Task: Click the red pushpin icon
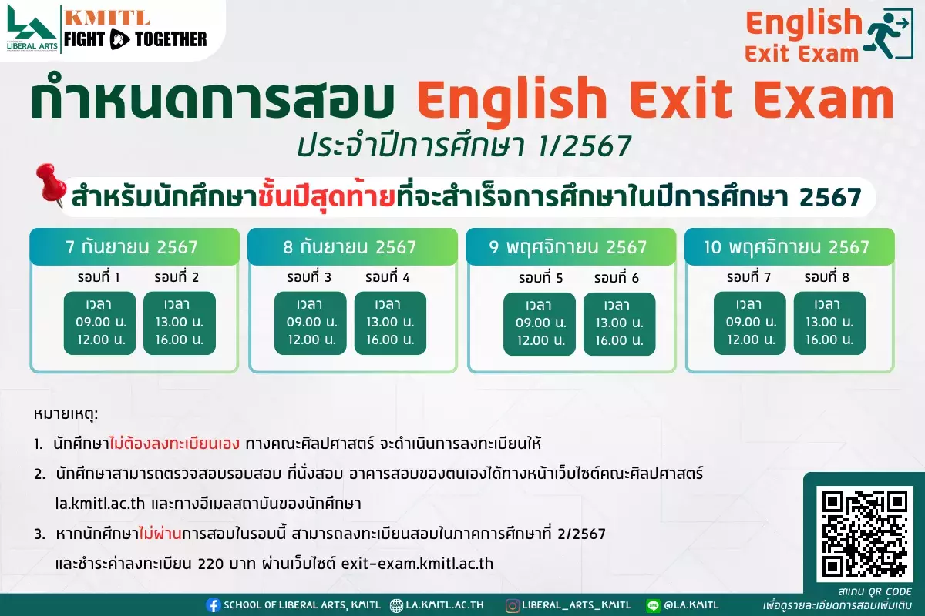(51, 185)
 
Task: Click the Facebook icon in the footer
(213, 605)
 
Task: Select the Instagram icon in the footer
(512, 605)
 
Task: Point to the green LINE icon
(654, 605)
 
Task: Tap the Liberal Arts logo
(32, 28)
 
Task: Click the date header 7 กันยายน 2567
(132, 247)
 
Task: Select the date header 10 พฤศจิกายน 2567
(787, 247)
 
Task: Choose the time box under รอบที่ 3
(311, 323)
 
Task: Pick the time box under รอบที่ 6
(620, 324)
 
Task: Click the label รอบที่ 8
(826, 277)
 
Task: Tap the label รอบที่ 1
(99, 277)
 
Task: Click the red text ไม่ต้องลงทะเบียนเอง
(175, 444)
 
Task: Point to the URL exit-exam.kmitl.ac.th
(417, 564)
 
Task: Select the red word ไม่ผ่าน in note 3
(160, 534)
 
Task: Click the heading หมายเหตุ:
(66, 413)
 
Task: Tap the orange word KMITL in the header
(107, 18)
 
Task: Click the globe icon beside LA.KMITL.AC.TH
(396, 605)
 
